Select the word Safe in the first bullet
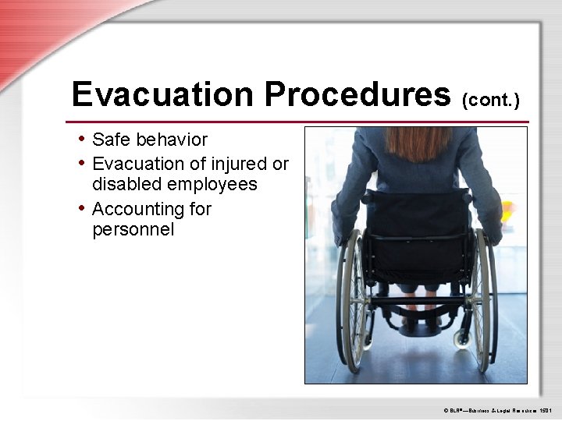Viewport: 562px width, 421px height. (x=110, y=140)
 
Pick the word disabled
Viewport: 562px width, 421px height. (x=126, y=185)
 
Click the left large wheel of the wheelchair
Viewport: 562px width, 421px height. (x=353, y=296)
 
